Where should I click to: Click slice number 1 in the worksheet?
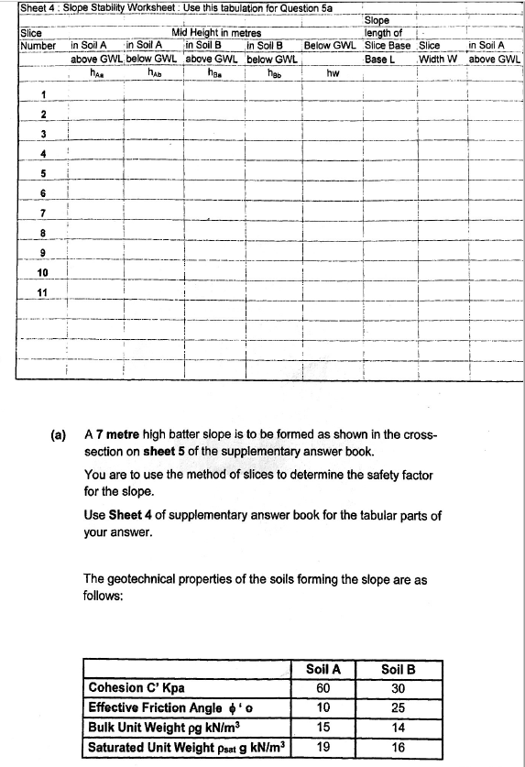42,93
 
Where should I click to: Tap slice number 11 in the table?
42,292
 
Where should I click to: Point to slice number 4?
42,152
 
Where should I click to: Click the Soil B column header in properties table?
398,669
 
